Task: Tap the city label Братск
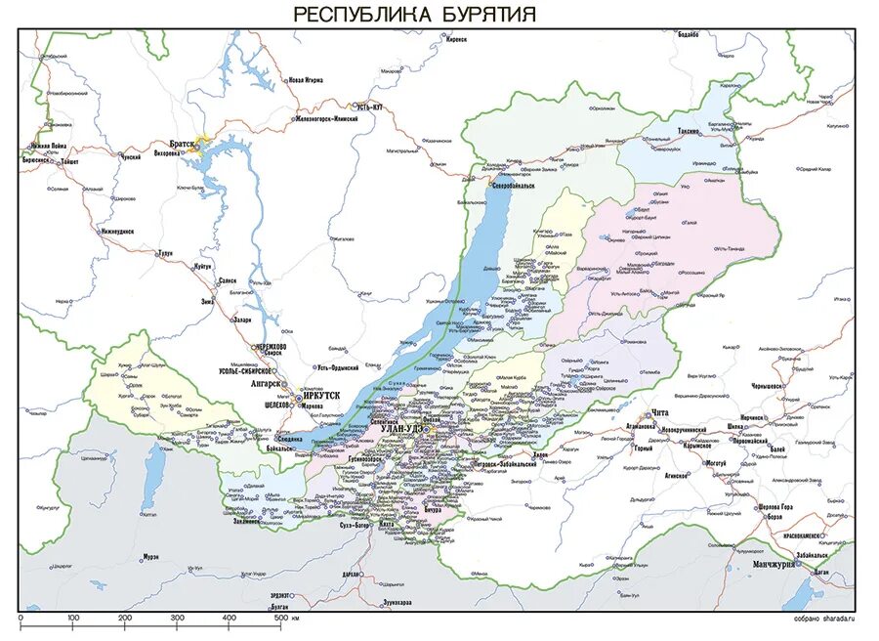click(182, 143)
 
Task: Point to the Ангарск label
click(267, 384)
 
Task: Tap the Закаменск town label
click(245, 522)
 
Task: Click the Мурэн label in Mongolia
click(151, 557)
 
